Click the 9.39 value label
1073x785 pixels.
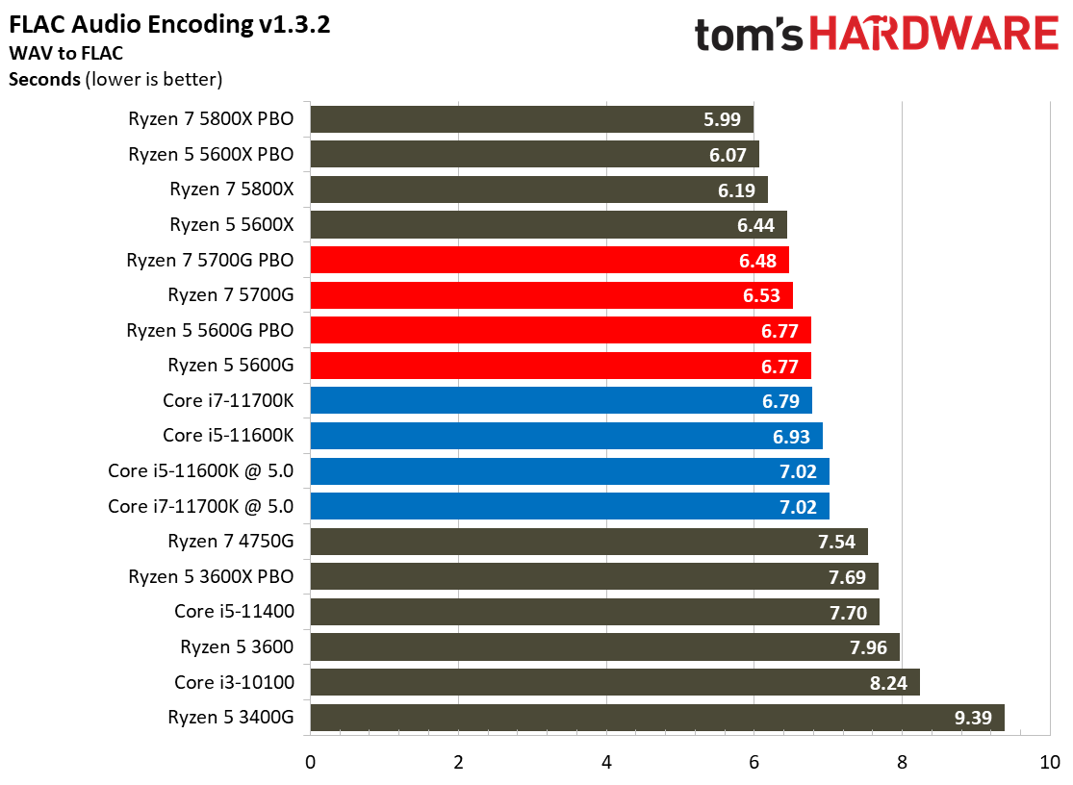point(973,718)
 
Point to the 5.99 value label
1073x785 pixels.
point(723,120)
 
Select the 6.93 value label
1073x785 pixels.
point(792,436)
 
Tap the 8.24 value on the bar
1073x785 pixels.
point(889,683)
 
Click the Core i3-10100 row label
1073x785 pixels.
point(234,682)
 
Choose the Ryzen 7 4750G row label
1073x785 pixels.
point(230,541)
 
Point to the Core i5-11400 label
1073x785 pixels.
point(234,611)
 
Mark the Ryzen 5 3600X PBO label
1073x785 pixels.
point(211,576)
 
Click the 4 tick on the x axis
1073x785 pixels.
point(606,763)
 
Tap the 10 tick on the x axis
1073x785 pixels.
point(1049,763)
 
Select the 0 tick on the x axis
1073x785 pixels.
point(310,763)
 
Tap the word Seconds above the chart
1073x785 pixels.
point(44,79)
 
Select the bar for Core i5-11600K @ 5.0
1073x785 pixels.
point(568,471)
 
